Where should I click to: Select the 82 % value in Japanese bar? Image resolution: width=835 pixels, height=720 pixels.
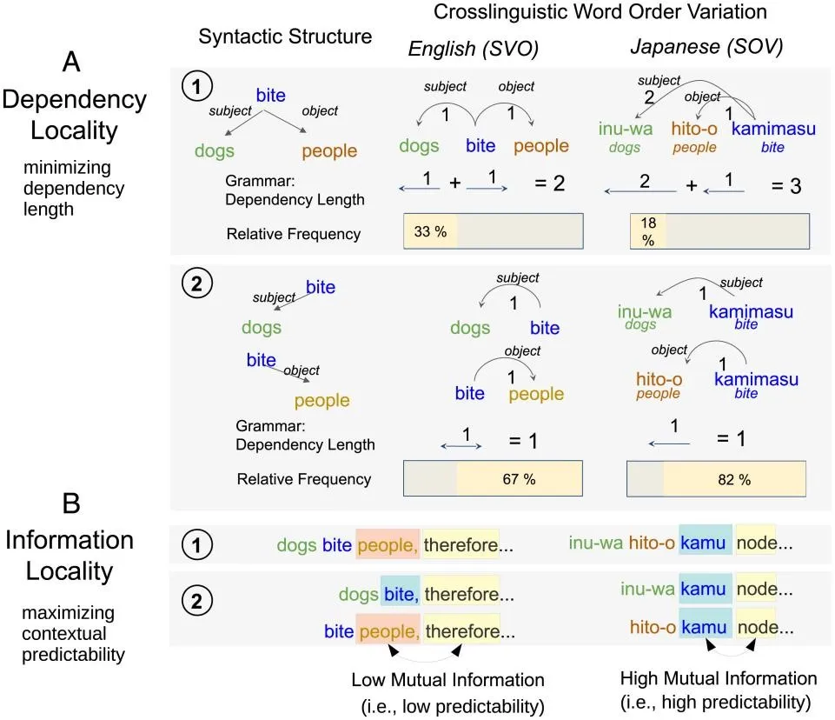click(x=733, y=479)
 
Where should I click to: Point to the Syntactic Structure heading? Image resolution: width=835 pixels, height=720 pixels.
click(x=285, y=37)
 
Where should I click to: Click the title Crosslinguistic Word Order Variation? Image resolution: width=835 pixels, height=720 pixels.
click(x=599, y=12)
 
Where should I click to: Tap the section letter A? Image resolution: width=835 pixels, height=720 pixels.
click(x=73, y=61)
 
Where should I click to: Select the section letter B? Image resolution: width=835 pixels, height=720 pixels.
click(x=71, y=503)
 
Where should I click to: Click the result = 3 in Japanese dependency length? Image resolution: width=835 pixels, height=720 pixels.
click(x=784, y=185)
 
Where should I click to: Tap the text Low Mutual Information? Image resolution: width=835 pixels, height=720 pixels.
click(x=447, y=679)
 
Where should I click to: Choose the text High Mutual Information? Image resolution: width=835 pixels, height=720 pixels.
click(x=719, y=677)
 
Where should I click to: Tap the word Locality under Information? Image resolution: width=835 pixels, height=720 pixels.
click(x=70, y=571)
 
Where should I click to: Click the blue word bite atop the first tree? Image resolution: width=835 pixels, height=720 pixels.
click(x=271, y=95)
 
